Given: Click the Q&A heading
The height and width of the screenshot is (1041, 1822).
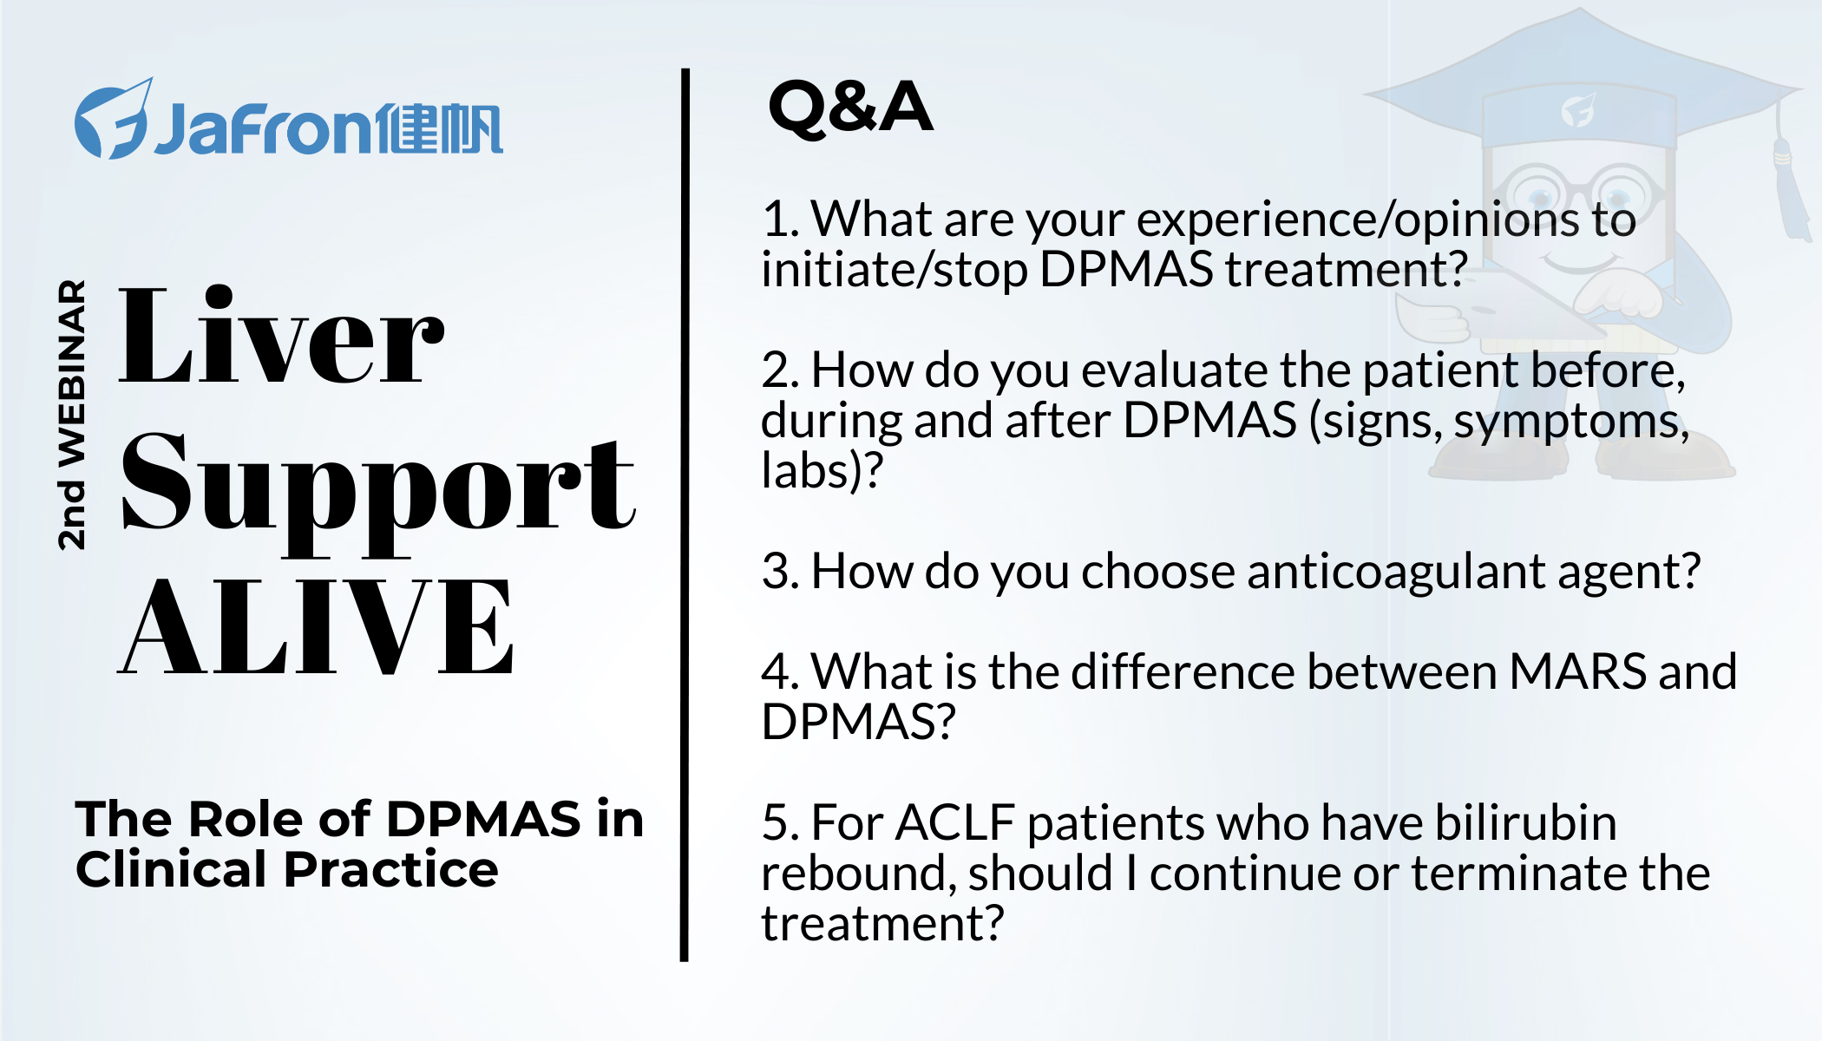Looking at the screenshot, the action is point(850,108).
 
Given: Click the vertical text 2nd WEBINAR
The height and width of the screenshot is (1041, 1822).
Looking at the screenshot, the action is point(72,415).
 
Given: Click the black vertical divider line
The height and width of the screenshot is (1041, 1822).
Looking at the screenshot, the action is point(685,514).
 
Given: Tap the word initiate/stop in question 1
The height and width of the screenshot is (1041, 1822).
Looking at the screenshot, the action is point(894,270).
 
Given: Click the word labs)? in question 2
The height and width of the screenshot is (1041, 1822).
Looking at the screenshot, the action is point(822,471).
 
